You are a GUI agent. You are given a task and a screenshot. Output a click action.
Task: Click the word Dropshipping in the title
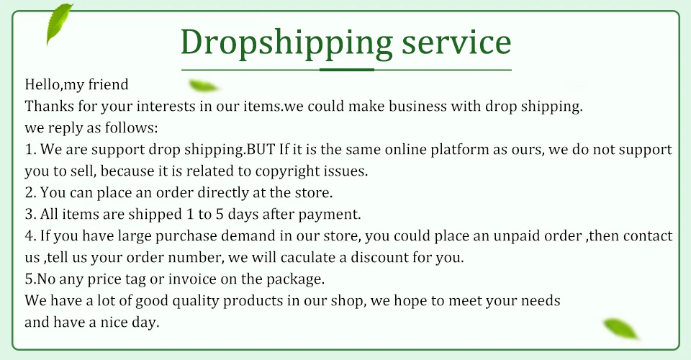click(x=286, y=43)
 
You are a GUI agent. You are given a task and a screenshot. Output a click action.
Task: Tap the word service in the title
click(x=456, y=42)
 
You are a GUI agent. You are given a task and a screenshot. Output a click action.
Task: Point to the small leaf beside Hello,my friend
click(x=203, y=86)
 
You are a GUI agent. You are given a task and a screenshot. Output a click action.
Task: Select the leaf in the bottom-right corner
click(x=620, y=328)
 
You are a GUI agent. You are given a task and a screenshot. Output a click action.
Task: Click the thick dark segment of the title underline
click(x=346, y=70)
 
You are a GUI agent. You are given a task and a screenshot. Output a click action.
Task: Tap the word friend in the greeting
click(x=109, y=84)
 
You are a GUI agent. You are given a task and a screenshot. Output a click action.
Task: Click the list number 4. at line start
click(x=30, y=236)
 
